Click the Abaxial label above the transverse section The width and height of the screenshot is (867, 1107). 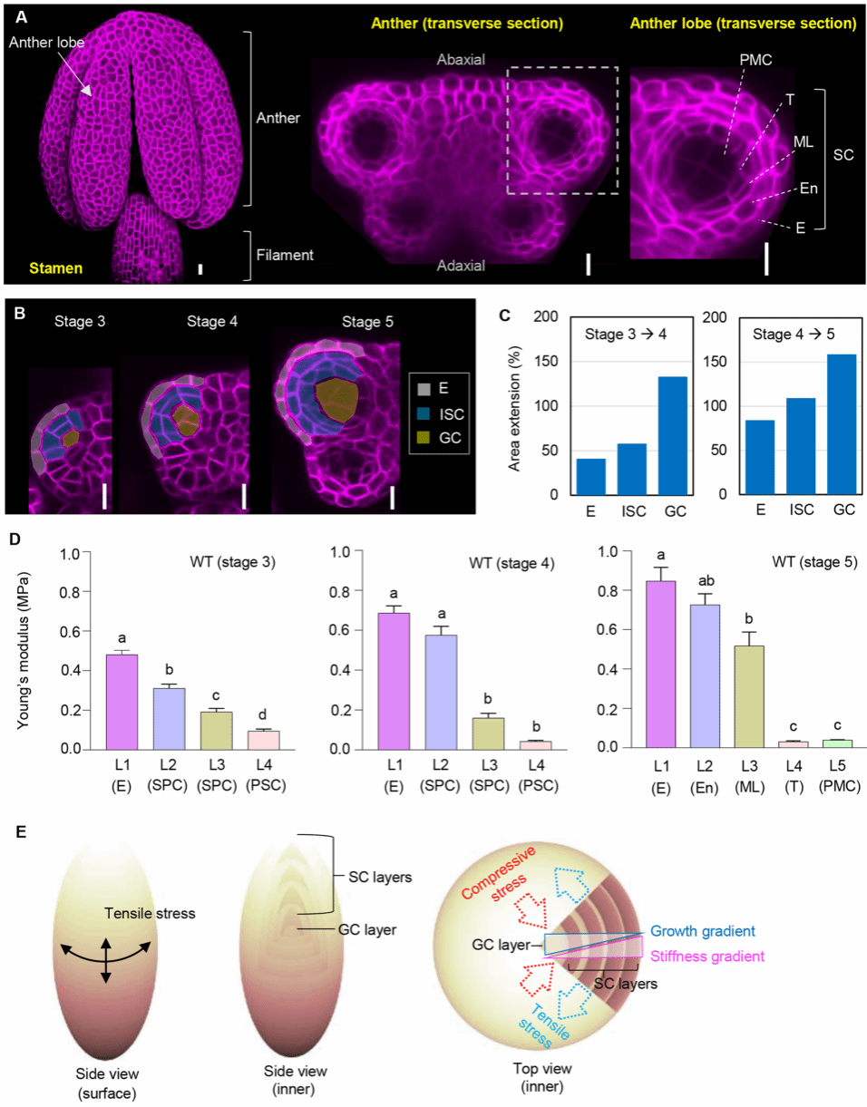pyautogui.click(x=460, y=60)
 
